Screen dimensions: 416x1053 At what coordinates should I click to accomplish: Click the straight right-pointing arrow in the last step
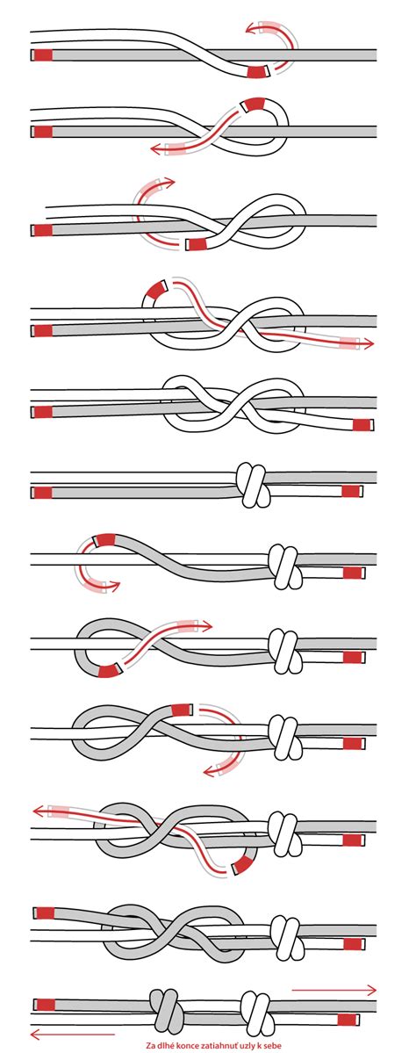[x=334, y=989]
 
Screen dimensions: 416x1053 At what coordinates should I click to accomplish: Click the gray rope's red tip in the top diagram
[x=43, y=55]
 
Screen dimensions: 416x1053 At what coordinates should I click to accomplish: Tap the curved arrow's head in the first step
[x=250, y=28]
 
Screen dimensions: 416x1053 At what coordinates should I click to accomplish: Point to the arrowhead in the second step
[x=155, y=149]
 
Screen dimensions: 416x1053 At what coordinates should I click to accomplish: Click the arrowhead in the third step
[x=169, y=181]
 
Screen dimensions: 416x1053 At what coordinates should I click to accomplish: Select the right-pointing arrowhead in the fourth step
[x=369, y=345]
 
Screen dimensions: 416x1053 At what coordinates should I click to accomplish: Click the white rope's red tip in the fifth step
[x=362, y=424]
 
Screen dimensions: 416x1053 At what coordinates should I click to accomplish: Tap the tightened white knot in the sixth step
[x=253, y=484]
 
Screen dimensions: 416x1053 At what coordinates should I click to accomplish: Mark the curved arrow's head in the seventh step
[x=115, y=587]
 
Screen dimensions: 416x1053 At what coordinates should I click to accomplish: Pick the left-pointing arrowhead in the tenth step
[x=38, y=811]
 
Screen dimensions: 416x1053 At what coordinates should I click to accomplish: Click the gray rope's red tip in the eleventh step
[x=45, y=913]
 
